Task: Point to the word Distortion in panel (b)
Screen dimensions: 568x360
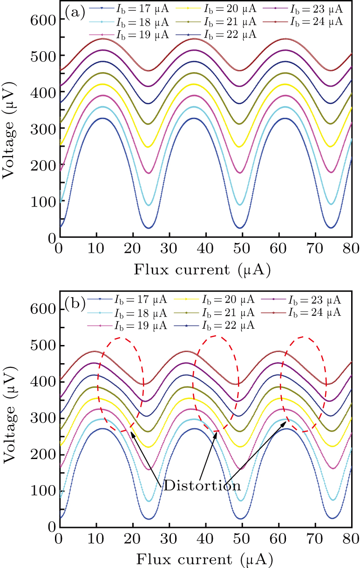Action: pyautogui.click(x=201, y=486)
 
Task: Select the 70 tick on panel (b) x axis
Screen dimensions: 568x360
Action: pyautogui.click(x=315, y=536)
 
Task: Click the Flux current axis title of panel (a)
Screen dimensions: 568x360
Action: pyautogui.click(x=202, y=269)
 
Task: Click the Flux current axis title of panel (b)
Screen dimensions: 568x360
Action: pyautogui.click(x=202, y=557)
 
